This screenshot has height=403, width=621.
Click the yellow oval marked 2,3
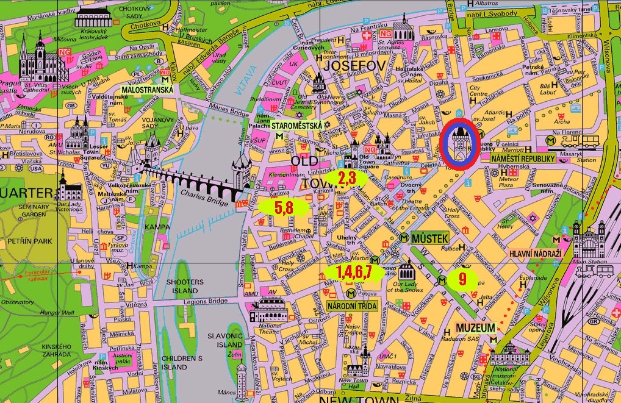[x=346, y=178]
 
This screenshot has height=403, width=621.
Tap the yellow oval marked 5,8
[x=284, y=207]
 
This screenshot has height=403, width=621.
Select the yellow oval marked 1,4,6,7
[x=354, y=272]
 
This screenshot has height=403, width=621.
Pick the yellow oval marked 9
[x=462, y=280]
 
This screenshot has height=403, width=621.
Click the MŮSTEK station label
[x=430, y=238]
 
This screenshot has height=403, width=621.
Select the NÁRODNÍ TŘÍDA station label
[x=353, y=305]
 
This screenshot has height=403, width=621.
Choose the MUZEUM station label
[x=478, y=328]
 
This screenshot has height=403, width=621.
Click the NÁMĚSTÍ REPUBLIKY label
[x=523, y=159]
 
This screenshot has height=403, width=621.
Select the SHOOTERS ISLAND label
[x=184, y=287]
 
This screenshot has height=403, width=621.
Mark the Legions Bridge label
[x=209, y=301]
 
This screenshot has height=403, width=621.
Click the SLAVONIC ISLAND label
[x=225, y=341]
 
